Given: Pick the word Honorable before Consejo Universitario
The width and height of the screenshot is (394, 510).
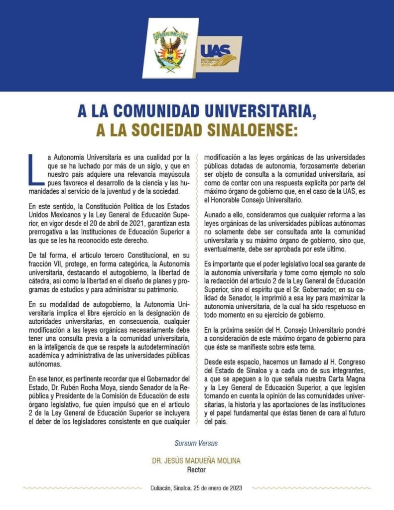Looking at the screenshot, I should (228, 200).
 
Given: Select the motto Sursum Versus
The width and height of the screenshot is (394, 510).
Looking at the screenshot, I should (196, 443).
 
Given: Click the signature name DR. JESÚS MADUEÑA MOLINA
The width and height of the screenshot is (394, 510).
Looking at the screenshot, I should (196, 461).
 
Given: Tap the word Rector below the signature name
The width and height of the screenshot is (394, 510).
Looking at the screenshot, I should (196, 469).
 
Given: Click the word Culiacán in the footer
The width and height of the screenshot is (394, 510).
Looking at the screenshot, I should (162, 488).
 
